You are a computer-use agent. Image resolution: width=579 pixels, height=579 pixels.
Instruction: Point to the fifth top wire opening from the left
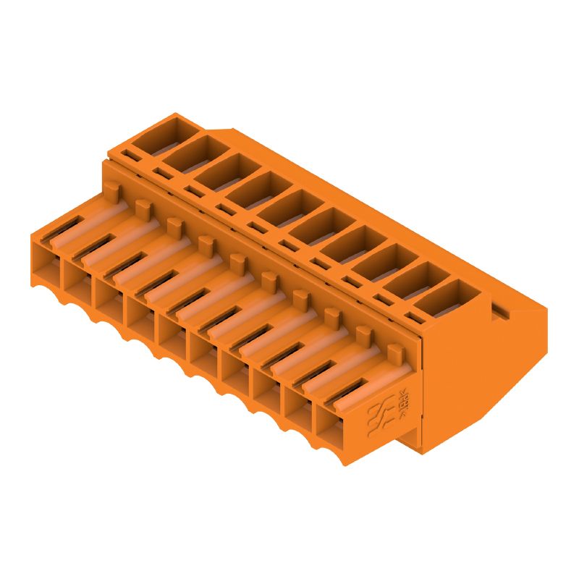[x=288, y=208]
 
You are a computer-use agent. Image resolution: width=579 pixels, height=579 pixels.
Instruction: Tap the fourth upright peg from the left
[x=206, y=244]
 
